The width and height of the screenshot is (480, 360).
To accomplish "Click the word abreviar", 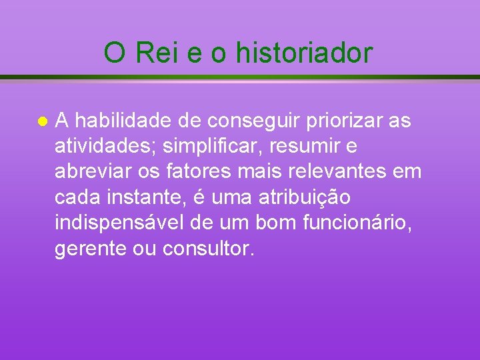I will [x=91, y=172].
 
